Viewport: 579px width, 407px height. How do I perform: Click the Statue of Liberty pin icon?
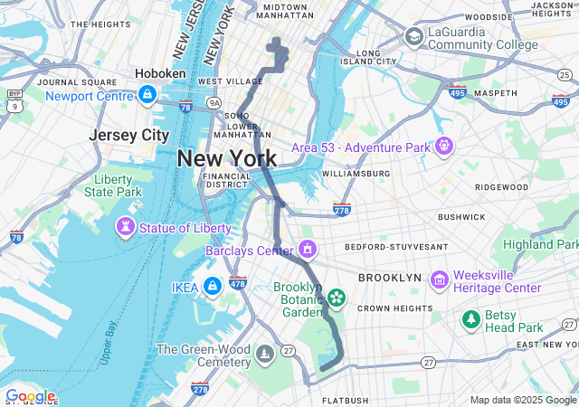click(x=126, y=225)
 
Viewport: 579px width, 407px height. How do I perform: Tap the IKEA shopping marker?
click(x=212, y=286)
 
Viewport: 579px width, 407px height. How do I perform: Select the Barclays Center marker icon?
click(x=308, y=248)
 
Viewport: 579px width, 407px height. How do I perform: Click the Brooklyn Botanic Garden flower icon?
click(x=336, y=298)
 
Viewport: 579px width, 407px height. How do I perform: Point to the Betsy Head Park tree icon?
click(x=470, y=318)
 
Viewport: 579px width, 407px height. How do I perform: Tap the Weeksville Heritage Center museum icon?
click(x=440, y=279)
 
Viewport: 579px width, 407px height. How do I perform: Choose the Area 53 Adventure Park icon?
click(x=443, y=145)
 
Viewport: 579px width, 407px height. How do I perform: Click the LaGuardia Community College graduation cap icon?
click(x=414, y=37)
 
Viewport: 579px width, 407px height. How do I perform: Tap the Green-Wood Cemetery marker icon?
click(x=264, y=353)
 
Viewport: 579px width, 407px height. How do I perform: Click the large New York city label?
click(x=226, y=158)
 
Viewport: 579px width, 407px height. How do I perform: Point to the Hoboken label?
click(x=160, y=73)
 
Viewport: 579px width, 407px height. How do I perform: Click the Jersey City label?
click(x=129, y=135)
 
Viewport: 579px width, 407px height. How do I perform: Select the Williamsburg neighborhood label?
click(x=356, y=173)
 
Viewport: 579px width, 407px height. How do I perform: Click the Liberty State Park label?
click(x=113, y=185)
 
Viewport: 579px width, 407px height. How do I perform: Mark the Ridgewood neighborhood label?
click(x=500, y=187)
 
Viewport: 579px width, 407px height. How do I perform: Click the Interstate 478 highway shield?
click(x=238, y=282)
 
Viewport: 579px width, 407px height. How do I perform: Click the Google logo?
click(x=30, y=396)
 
